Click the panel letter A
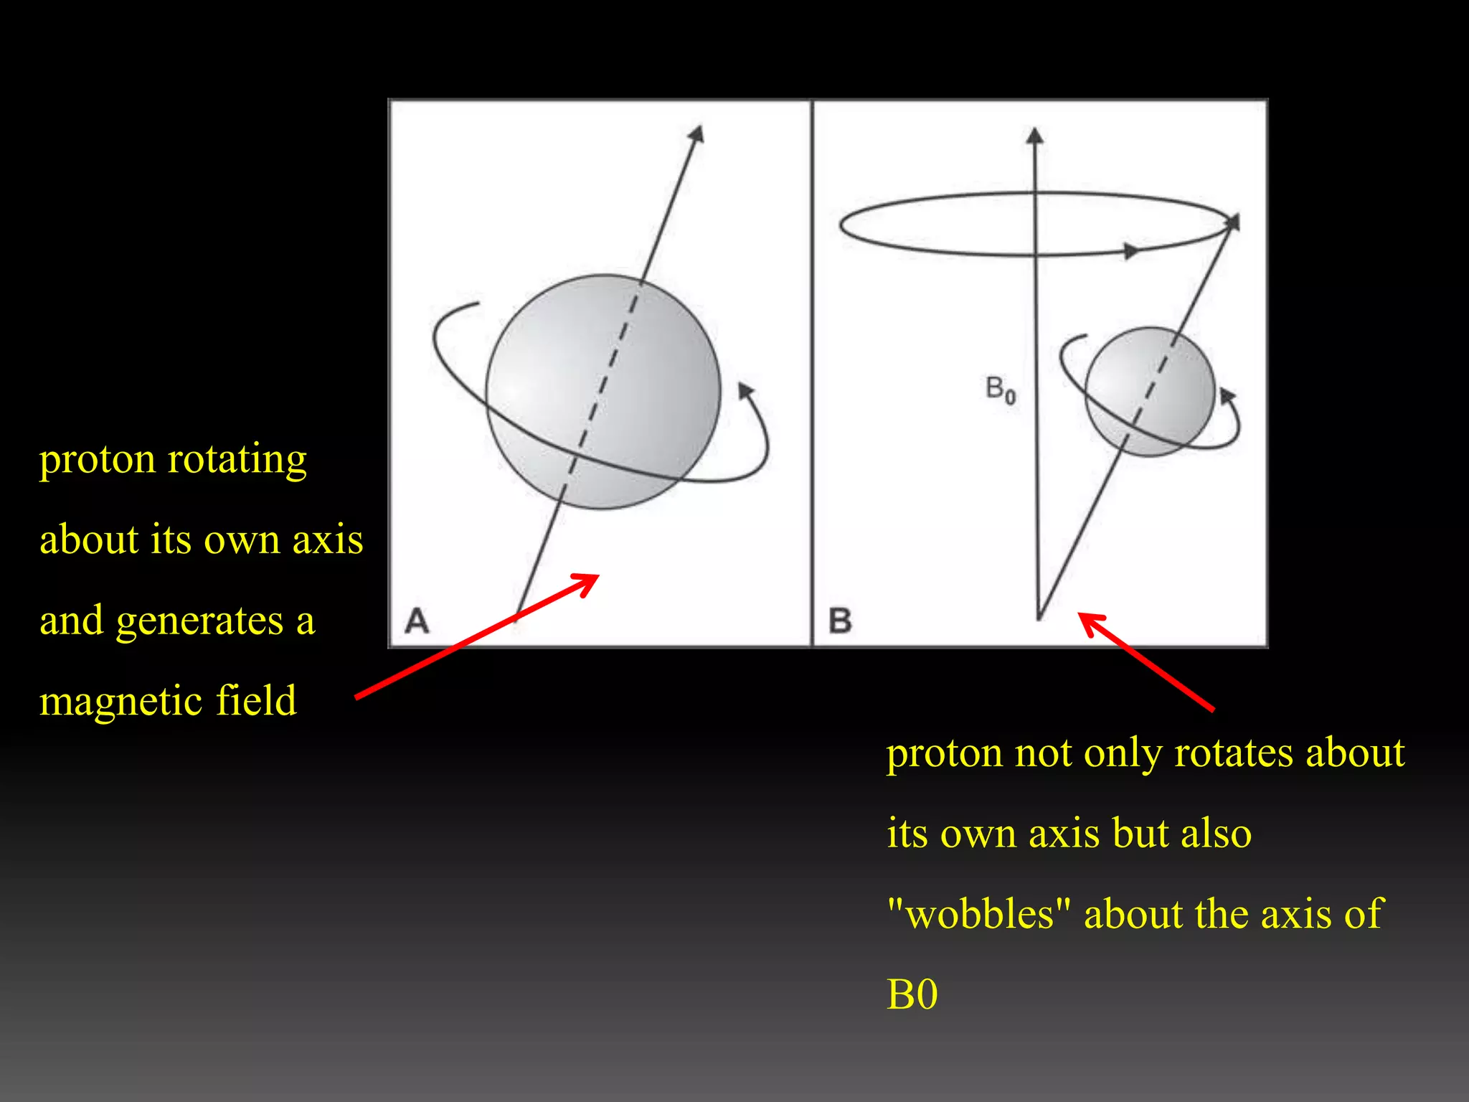click(417, 621)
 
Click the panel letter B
click(840, 621)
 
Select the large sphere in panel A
click(603, 392)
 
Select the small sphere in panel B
click(1150, 392)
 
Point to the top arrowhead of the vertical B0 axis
click(1034, 136)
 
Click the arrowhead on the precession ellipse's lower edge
click(1131, 251)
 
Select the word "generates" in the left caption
click(199, 620)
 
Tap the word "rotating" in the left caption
click(237, 459)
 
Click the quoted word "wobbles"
click(978, 914)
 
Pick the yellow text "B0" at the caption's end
click(912, 994)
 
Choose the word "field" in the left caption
click(256, 700)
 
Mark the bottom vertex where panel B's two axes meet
click(1039, 617)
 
